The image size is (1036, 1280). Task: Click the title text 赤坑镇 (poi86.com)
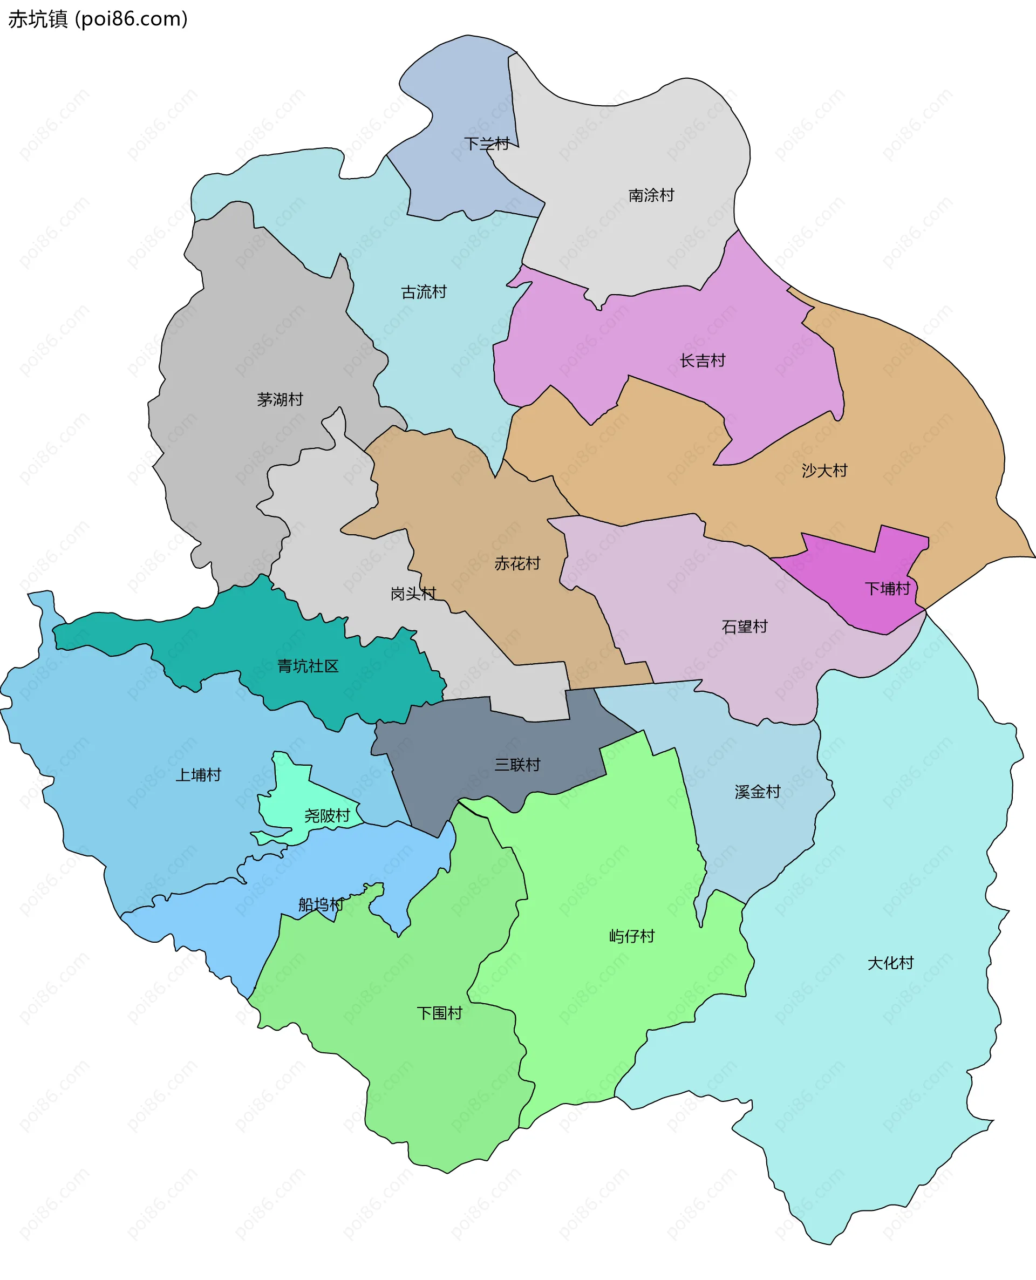tap(98, 19)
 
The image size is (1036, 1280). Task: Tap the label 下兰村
tap(486, 144)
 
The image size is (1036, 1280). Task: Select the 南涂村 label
tap(651, 195)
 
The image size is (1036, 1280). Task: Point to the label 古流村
tap(424, 292)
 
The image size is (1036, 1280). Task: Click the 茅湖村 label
tap(280, 399)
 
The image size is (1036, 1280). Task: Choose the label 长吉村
tap(703, 360)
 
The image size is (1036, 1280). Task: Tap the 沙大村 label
tap(824, 470)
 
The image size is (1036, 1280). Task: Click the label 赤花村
tap(517, 563)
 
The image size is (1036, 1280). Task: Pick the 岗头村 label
tap(413, 593)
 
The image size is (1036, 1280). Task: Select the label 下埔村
tap(888, 588)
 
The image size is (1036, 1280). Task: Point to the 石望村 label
tap(744, 627)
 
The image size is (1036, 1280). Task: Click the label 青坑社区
tap(308, 666)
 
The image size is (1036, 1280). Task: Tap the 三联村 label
tap(517, 765)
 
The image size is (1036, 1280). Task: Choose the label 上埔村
tap(198, 774)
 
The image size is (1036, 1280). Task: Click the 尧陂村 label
tap(327, 815)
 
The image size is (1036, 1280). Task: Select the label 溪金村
tap(758, 792)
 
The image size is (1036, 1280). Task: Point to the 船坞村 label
tap(321, 904)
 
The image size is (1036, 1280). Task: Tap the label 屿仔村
tap(631, 936)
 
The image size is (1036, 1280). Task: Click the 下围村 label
tap(439, 1013)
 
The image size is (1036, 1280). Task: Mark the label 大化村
tap(890, 963)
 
